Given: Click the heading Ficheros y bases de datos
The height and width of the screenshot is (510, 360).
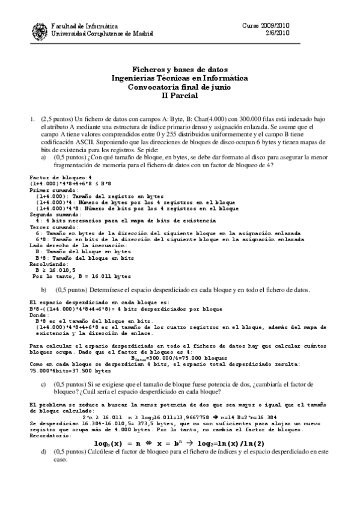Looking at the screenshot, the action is (180, 69).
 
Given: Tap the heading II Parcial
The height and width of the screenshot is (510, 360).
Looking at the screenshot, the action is (180, 96).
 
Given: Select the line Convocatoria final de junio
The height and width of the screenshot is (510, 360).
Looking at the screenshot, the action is (180, 87).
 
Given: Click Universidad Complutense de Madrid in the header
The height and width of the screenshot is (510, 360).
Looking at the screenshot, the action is (93, 34).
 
